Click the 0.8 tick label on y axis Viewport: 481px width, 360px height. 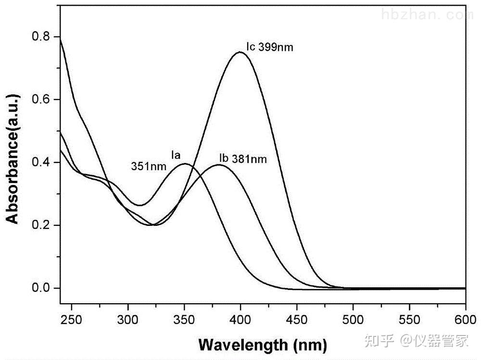pyautogui.click(x=40, y=37)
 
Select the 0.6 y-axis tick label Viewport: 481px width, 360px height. pyautogui.click(x=40, y=99)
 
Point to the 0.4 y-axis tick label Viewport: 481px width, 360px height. pyautogui.click(x=40, y=162)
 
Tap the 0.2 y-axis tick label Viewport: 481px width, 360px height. pyautogui.click(x=40, y=225)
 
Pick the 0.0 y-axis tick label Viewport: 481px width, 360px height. pyautogui.click(x=40, y=288)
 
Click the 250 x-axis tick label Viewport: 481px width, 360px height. pyautogui.click(x=71, y=320)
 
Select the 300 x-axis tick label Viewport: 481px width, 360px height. pyautogui.click(x=127, y=320)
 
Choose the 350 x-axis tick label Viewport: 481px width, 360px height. pyautogui.click(x=184, y=320)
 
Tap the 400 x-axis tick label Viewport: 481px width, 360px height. pyautogui.click(x=240, y=320)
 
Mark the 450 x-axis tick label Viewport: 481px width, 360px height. pyautogui.click(x=297, y=320)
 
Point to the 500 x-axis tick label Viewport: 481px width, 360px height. pyautogui.click(x=353, y=320)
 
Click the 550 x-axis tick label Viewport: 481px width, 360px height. pyautogui.click(x=409, y=320)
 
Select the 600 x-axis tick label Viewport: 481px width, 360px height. pyautogui.click(x=466, y=320)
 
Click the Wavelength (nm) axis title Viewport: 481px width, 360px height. pyautogui.click(x=263, y=345)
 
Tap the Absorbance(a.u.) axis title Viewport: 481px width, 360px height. pyautogui.click(x=13, y=159)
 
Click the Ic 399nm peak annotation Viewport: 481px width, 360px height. pyautogui.click(x=270, y=47)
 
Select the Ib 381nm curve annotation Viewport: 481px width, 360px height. pyautogui.click(x=243, y=159)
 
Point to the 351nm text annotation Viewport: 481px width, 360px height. pyautogui.click(x=149, y=166)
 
